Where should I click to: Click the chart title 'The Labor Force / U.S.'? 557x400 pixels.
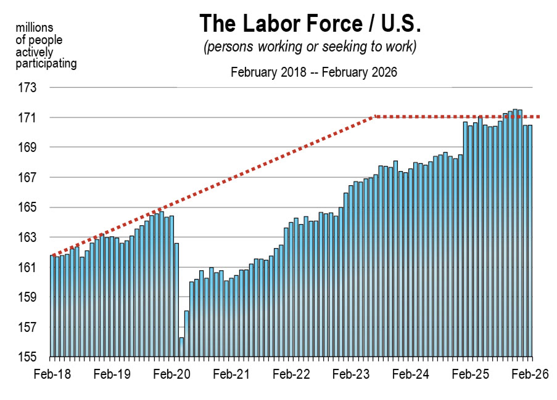click(310, 24)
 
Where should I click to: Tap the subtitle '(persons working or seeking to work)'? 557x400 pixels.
click(310, 47)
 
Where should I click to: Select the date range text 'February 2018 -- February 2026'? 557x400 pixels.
click(314, 72)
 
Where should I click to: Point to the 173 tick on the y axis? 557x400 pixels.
click(27, 88)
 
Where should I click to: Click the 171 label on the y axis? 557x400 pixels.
click(27, 118)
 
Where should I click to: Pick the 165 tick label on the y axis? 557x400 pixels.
click(27, 207)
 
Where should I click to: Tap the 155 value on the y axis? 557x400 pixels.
click(27, 357)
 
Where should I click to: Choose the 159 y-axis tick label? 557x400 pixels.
click(27, 297)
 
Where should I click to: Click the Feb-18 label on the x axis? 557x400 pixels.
click(52, 374)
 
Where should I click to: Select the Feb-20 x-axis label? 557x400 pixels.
click(172, 374)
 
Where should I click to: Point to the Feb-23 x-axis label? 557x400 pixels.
click(351, 374)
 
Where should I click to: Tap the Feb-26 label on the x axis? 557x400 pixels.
click(530, 374)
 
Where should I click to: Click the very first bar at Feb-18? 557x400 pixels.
click(52, 305)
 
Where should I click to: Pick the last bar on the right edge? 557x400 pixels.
click(530, 240)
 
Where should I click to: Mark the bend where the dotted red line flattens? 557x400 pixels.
click(376, 116)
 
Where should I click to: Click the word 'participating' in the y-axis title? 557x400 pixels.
click(46, 64)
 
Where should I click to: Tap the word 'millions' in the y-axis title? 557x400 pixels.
click(34, 28)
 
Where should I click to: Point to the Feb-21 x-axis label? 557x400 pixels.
click(231, 374)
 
